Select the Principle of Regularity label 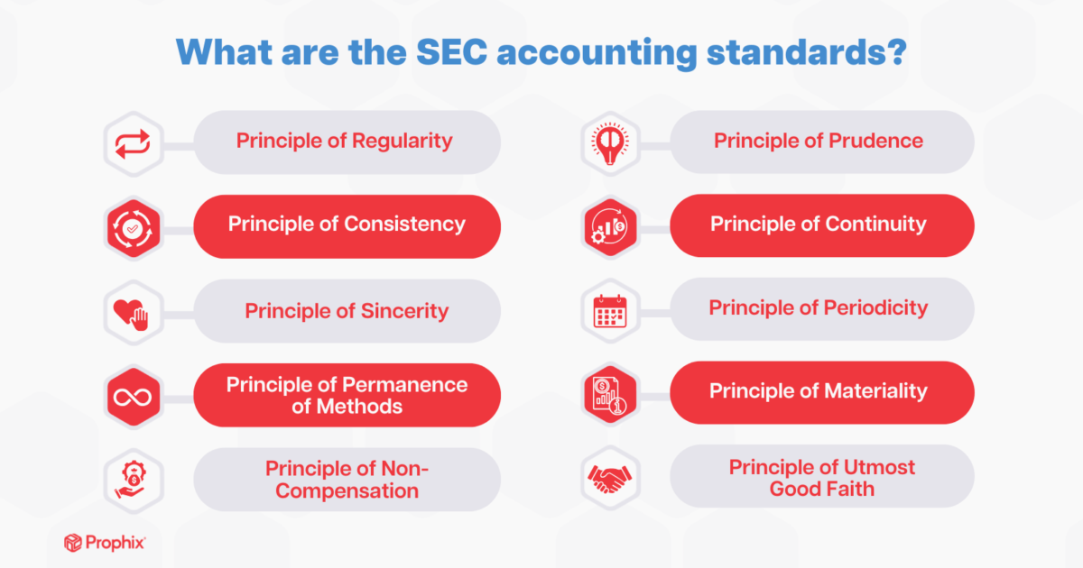click(344, 141)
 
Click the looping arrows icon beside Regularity click(134, 142)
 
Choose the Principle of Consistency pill click(347, 224)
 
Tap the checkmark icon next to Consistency click(134, 226)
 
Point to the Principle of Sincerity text click(347, 311)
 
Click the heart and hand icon click(134, 311)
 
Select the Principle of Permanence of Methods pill click(347, 395)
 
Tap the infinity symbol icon click(134, 395)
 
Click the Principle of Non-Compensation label click(347, 480)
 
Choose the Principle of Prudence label click(819, 141)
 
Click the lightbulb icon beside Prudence click(610, 142)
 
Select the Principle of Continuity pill click(819, 224)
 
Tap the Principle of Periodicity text click(819, 308)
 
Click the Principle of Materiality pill click(819, 391)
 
